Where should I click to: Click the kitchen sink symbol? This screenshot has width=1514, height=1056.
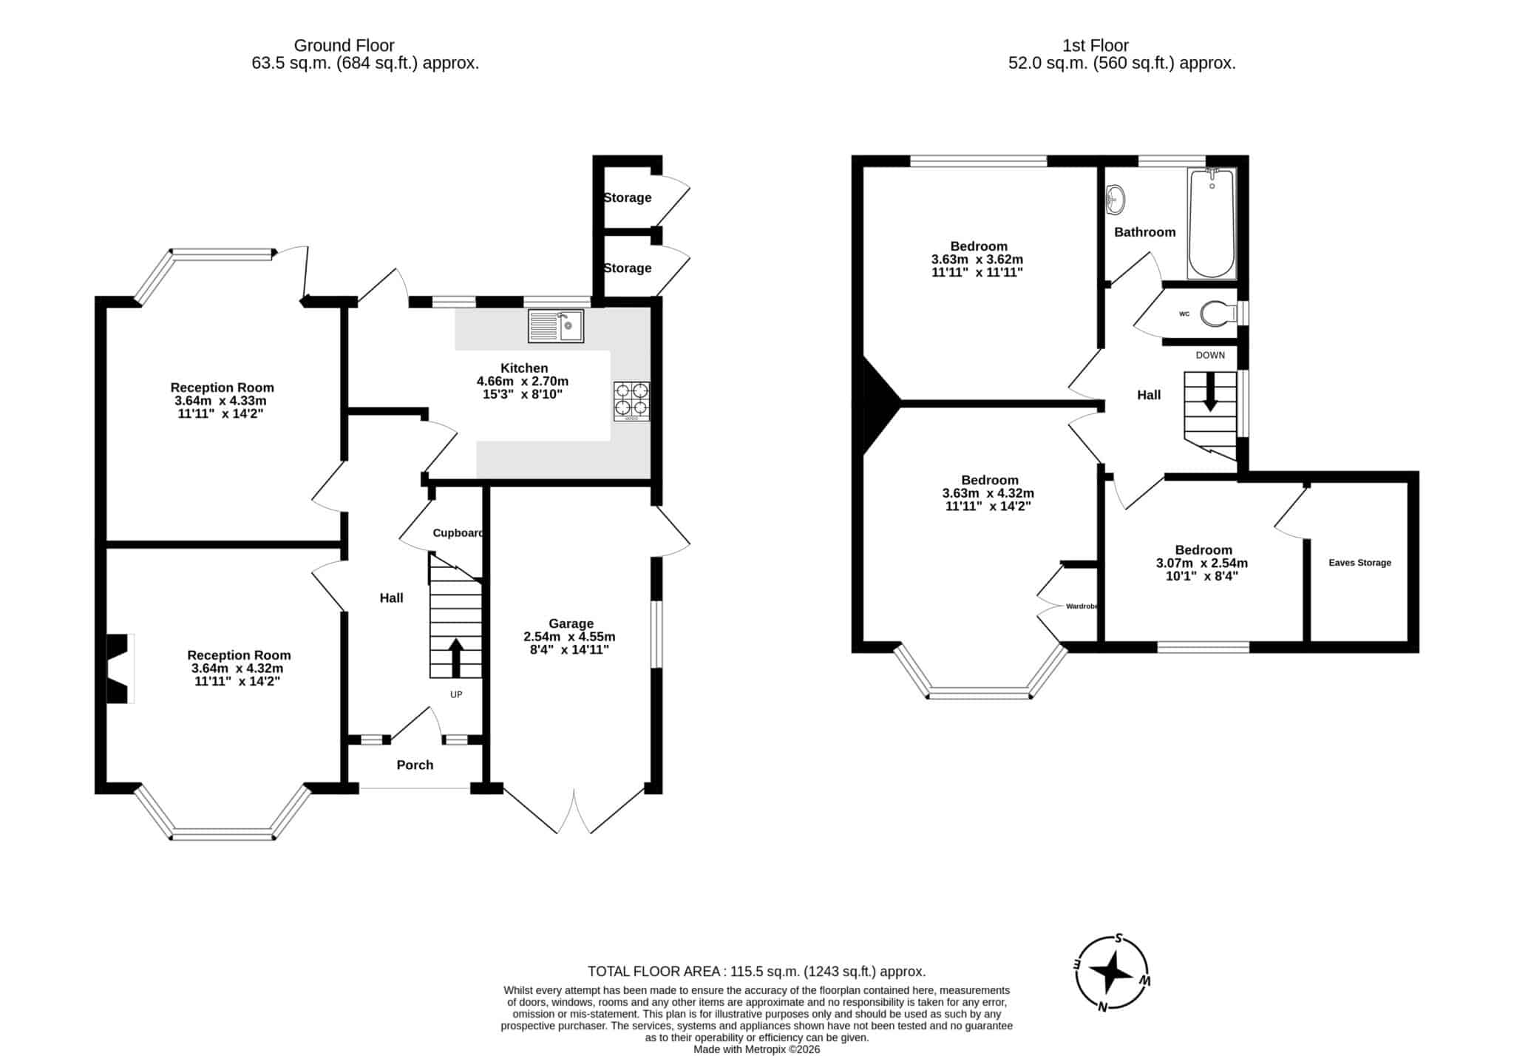(x=556, y=326)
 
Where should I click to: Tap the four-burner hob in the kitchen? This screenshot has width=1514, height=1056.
(x=632, y=402)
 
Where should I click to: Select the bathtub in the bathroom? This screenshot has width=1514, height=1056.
(x=1211, y=224)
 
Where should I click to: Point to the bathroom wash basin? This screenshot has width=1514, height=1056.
(x=1116, y=199)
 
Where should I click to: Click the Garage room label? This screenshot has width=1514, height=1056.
(x=571, y=623)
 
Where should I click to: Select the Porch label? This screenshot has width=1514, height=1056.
(x=415, y=765)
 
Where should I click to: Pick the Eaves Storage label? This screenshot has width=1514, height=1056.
(x=1359, y=563)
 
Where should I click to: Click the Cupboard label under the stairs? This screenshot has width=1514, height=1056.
(x=458, y=532)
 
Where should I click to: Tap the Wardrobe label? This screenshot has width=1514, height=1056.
(x=1082, y=606)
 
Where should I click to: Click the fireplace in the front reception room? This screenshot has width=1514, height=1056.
(x=118, y=669)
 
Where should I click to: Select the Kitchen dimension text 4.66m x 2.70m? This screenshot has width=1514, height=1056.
(x=523, y=382)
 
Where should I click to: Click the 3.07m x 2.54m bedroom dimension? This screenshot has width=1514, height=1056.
(x=1202, y=563)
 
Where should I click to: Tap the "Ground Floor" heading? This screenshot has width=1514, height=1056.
(x=344, y=46)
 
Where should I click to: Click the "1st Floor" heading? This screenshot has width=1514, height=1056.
(x=1096, y=46)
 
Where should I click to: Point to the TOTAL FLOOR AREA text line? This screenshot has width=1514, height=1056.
(x=756, y=972)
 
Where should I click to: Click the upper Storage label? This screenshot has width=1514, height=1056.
(x=628, y=197)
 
